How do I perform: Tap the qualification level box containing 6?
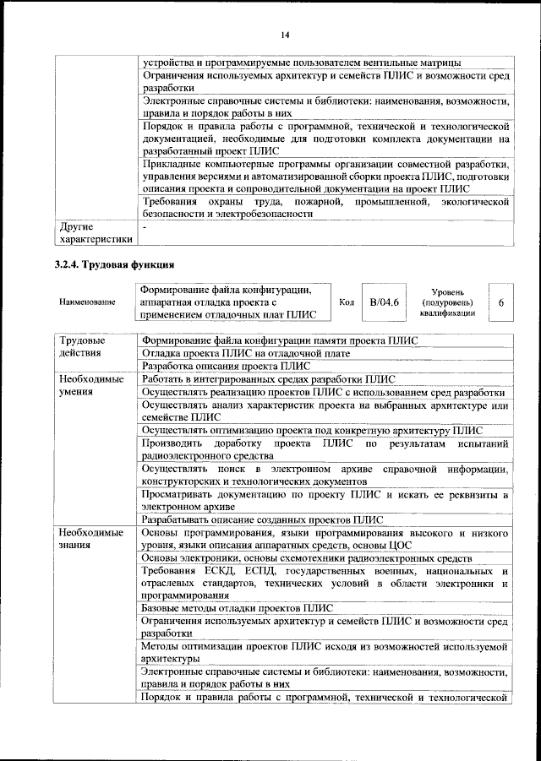[501, 302]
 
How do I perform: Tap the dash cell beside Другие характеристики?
[145, 227]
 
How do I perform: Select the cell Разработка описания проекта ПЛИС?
[226, 367]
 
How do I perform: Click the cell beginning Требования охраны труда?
[324, 208]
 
